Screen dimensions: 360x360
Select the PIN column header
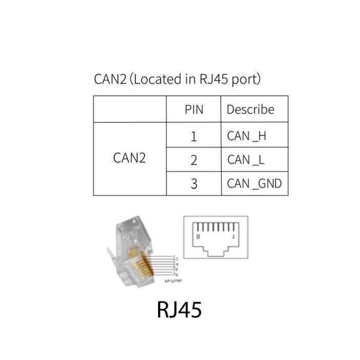194,110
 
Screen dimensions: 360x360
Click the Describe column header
250,110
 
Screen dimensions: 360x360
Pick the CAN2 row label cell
130,158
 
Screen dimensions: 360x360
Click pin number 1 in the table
194,137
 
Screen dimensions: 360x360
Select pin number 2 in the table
194,160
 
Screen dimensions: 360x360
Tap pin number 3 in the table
194,183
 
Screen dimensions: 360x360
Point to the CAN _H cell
246,137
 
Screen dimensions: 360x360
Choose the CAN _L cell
246,160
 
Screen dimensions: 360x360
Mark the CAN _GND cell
254,183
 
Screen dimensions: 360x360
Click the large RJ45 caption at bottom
179,310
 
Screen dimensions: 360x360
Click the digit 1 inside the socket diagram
234,237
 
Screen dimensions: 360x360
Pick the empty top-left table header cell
130,110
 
